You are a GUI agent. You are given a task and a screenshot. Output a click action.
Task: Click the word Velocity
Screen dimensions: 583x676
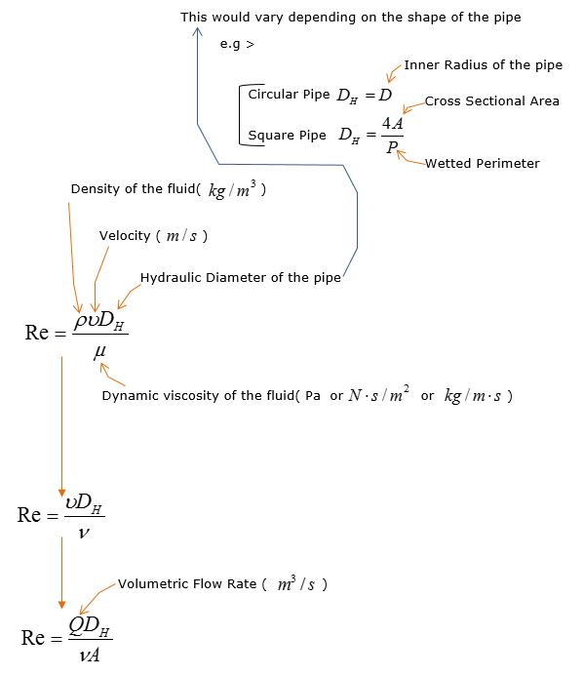point(125,236)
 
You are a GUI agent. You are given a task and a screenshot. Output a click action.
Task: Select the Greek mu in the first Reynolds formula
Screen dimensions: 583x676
point(99,352)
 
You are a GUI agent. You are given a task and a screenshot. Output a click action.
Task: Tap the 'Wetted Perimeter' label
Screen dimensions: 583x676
point(483,164)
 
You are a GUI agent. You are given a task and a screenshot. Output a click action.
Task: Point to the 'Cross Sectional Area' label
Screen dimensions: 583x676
point(492,100)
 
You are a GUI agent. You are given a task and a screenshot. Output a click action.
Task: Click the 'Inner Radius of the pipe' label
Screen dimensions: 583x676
point(483,65)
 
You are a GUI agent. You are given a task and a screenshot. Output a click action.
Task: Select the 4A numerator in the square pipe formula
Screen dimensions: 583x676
point(392,123)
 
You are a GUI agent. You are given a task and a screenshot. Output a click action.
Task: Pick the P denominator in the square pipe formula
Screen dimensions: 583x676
point(392,147)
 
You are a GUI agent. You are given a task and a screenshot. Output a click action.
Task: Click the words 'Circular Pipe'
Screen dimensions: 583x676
point(289,95)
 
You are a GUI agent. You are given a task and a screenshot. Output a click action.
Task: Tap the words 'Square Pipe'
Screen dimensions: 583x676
point(287,136)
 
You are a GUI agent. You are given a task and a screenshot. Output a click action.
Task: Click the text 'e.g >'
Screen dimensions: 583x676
point(237,44)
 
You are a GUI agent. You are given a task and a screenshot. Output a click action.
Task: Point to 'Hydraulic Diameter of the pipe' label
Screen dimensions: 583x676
point(241,278)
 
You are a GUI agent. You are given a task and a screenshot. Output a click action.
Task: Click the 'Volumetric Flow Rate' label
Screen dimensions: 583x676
point(187,583)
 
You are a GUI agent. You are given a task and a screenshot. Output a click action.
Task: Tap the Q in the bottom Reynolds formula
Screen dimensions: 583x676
point(76,625)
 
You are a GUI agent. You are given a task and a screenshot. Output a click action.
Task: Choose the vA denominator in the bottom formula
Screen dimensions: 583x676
point(90,656)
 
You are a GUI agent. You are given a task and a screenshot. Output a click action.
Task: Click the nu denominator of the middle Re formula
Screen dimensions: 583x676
point(84,533)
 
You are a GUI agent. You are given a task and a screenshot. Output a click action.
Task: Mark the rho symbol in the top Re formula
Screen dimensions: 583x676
point(80,322)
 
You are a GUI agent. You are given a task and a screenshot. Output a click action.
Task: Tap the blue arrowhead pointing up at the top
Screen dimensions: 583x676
point(197,31)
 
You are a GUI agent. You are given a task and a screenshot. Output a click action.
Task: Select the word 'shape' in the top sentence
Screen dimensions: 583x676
point(427,18)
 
